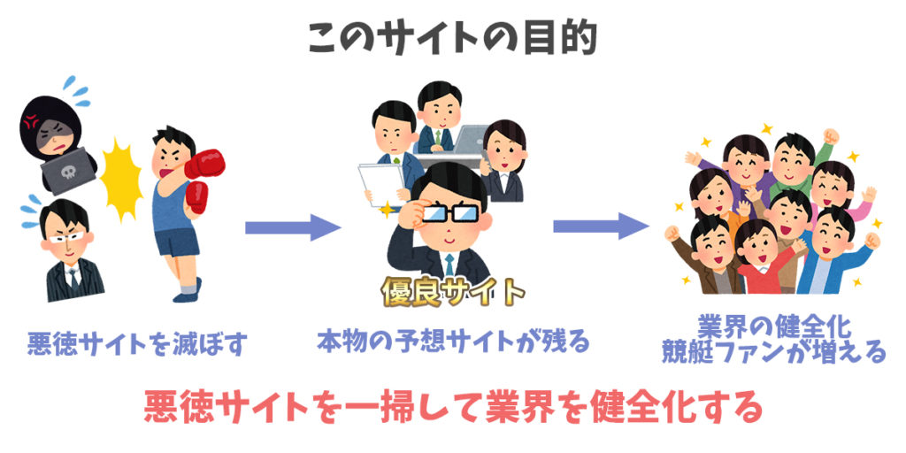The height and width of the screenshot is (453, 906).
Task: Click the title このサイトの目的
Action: pyautogui.click(x=452, y=39)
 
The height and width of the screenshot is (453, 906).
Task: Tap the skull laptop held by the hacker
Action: pyautogui.click(x=68, y=171)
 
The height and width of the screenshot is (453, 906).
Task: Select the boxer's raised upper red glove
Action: pyautogui.click(x=204, y=164)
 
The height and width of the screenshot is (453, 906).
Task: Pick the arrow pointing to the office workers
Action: pyautogui.click(x=293, y=227)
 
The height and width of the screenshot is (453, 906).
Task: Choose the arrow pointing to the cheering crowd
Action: pyautogui.click(x=601, y=226)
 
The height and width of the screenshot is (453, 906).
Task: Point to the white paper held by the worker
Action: pyautogui.click(x=381, y=184)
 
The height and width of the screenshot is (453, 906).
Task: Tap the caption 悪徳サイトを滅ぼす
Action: pyautogui.click(x=137, y=344)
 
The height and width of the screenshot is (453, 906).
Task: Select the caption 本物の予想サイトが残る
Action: pyautogui.click(x=453, y=342)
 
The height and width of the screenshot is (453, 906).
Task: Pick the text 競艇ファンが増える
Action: pyautogui.click(x=774, y=351)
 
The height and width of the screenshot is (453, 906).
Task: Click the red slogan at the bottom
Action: pyautogui.click(x=453, y=407)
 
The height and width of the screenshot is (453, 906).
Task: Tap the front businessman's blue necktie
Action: pyautogui.click(x=449, y=265)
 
